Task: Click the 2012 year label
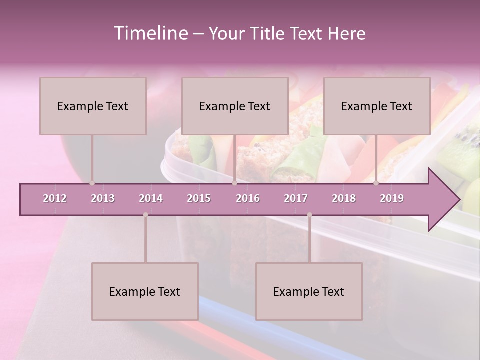tap(55, 198)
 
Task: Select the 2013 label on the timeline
tap(103, 198)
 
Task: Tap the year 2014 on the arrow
tap(151, 198)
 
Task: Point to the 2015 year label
tap(199, 198)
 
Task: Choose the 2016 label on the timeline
tap(248, 198)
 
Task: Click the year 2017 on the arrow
tap(296, 198)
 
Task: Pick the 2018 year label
tap(344, 198)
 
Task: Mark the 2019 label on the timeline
tap(392, 198)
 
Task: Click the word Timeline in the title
tap(150, 33)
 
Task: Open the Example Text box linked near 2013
tap(93, 106)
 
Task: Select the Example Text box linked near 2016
tap(235, 106)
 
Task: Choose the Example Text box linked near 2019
tap(377, 106)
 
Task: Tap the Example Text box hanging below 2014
tap(145, 291)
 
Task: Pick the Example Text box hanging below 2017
tap(309, 291)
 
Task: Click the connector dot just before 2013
tap(92, 183)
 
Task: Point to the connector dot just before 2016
tap(234, 183)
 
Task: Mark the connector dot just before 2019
tap(376, 183)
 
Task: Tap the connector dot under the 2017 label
tap(309, 215)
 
